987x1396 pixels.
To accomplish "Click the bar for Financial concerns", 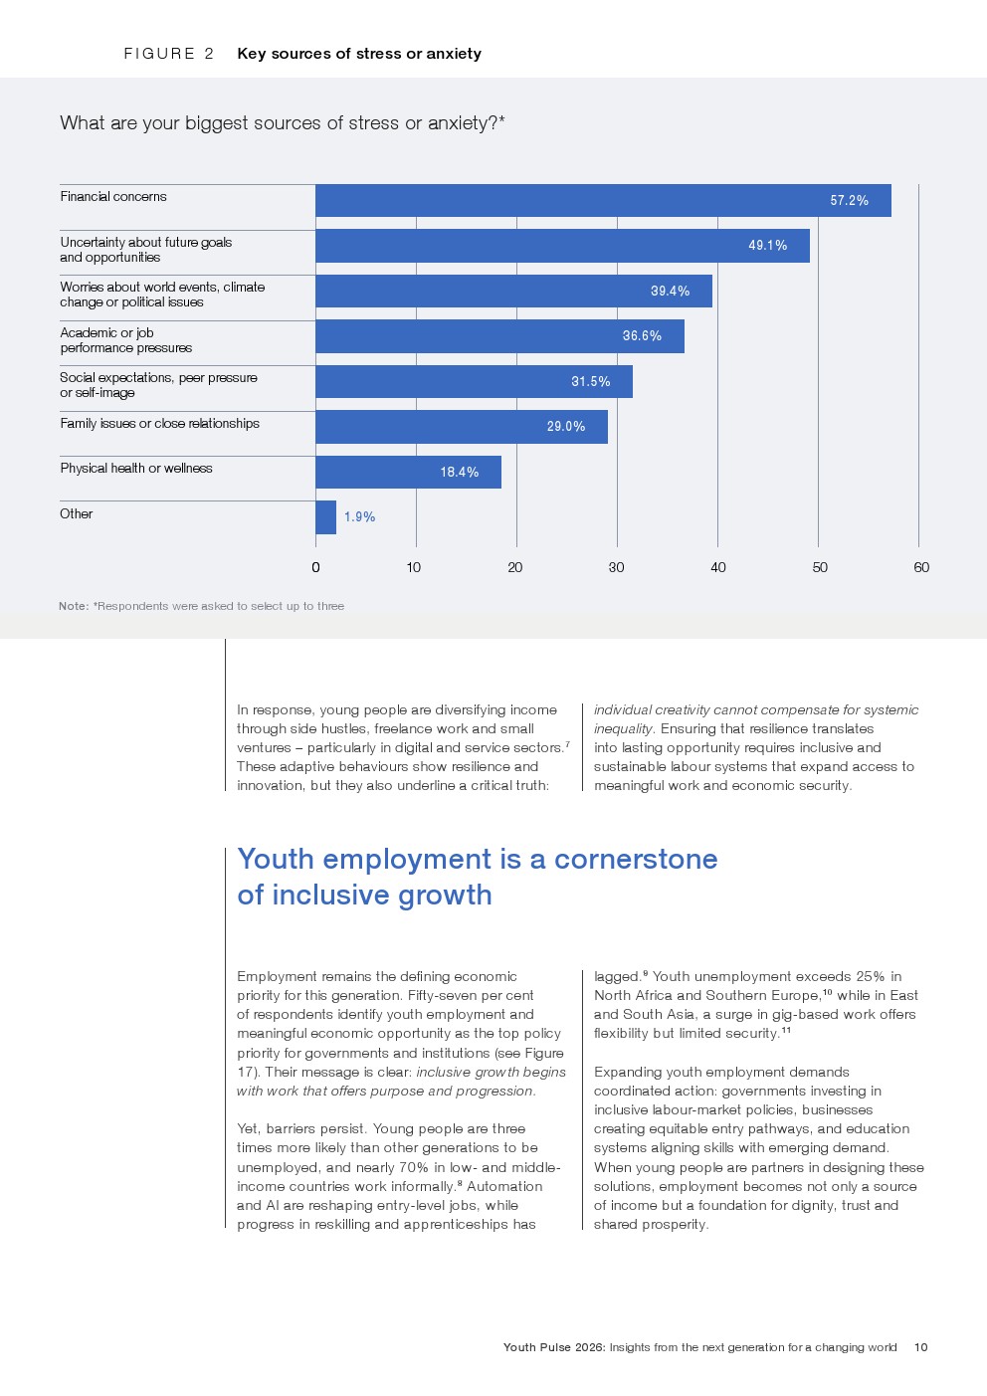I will pyautogui.click(x=603, y=200).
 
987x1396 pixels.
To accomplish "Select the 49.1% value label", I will pyautogui.click(x=767, y=246).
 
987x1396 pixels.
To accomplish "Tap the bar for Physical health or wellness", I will pyautogui.click(x=408, y=472).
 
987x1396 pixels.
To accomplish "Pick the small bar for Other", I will pyautogui.click(x=325, y=517).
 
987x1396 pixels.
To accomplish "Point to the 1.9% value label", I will pyautogui.click(x=359, y=517).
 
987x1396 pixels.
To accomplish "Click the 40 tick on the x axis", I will pyautogui.click(x=717, y=567).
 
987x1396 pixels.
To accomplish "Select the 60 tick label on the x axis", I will pyautogui.click(x=921, y=567).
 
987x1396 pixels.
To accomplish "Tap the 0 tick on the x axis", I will pyautogui.click(x=315, y=567).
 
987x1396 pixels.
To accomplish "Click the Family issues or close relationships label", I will pyautogui.click(x=159, y=424).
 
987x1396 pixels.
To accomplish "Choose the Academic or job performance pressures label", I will pyautogui.click(x=125, y=340).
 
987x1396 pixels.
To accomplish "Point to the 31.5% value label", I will pyautogui.click(x=590, y=382).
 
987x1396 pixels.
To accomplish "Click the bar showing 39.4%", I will pyautogui.click(x=513, y=292).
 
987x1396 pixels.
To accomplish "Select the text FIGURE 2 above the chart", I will pyautogui.click(x=168, y=54).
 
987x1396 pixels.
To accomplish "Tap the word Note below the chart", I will pyautogui.click(x=73, y=606).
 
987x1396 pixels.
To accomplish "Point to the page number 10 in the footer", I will pyautogui.click(x=920, y=1347).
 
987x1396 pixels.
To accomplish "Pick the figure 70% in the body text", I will pyautogui.click(x=413, y=1168).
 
